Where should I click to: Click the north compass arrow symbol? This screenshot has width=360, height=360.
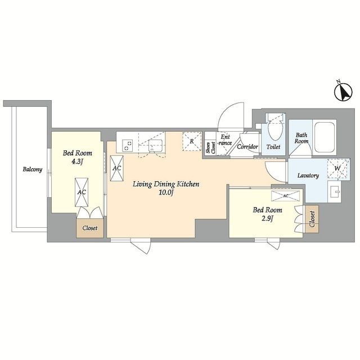pos(343,92)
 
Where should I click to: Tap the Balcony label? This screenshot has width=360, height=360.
pos(33,169)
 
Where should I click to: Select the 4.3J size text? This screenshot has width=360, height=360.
pos(77,161)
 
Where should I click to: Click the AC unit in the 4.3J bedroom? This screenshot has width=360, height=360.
pos(82,192)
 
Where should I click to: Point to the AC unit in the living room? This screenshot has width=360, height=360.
pos(116,168)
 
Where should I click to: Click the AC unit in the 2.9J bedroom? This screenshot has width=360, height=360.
pos(285,196)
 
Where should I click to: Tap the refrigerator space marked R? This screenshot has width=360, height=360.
pos(192,141)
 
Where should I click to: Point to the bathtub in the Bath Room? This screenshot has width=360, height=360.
pos(324,137)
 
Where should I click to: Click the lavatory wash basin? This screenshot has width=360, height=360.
pos(335,191)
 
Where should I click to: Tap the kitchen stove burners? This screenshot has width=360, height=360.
pos(128,146)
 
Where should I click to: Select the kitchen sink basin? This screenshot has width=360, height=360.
pos(156,146)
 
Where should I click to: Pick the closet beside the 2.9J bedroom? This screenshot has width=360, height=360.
pos(312,219)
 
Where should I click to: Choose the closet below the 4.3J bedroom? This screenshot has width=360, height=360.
pos(90,228)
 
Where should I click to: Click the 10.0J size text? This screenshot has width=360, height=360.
pos(165,192)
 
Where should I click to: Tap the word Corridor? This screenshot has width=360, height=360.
pos(247,146)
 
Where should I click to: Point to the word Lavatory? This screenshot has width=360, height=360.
pos(308,175)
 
